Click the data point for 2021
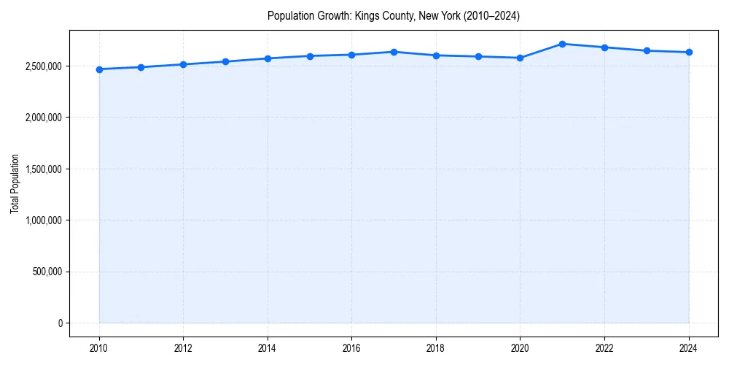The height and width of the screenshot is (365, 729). click(x=562, y=44)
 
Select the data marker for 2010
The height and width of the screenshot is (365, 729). click(x=99, y=69)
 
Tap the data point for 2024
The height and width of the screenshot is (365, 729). click(x=689, y=52)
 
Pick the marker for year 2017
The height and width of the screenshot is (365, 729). click(x=394, y=52)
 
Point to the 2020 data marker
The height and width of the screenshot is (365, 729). click(x=521, y=58)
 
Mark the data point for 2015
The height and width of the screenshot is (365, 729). click(x=310, y=55)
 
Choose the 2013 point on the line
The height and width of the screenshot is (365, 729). click(x=225, y=61)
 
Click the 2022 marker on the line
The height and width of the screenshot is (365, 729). click(x=604, y=47)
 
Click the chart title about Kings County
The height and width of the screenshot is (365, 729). click(x=394, y=15)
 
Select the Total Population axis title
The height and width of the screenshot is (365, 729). click(x=15, y=183)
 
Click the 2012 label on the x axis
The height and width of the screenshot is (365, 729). click(x=183, y=348)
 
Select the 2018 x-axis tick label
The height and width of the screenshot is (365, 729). click(x=436, y=348)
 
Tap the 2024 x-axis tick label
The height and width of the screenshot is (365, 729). click(x=689, y=348)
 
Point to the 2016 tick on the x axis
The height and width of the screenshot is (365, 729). click(x=351, y=348)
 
